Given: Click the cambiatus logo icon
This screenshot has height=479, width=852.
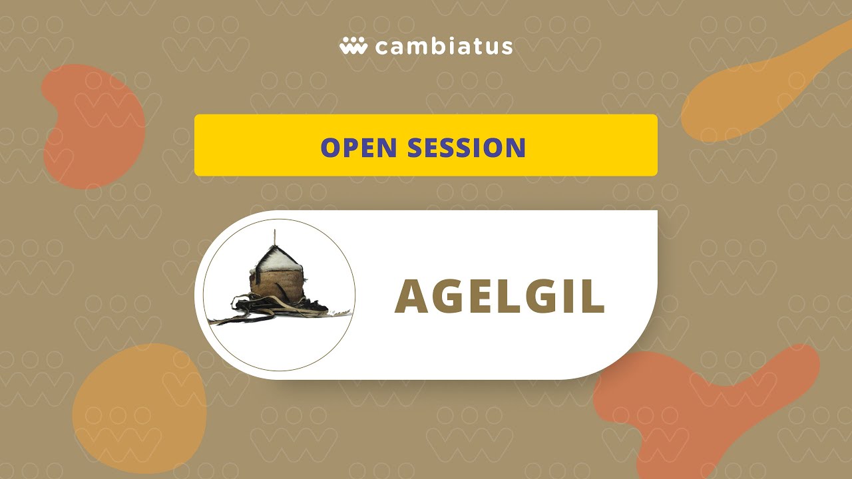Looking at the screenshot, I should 353,47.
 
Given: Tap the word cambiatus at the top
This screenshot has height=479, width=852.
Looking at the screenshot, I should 444,47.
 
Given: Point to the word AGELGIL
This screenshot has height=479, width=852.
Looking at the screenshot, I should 499,296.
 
